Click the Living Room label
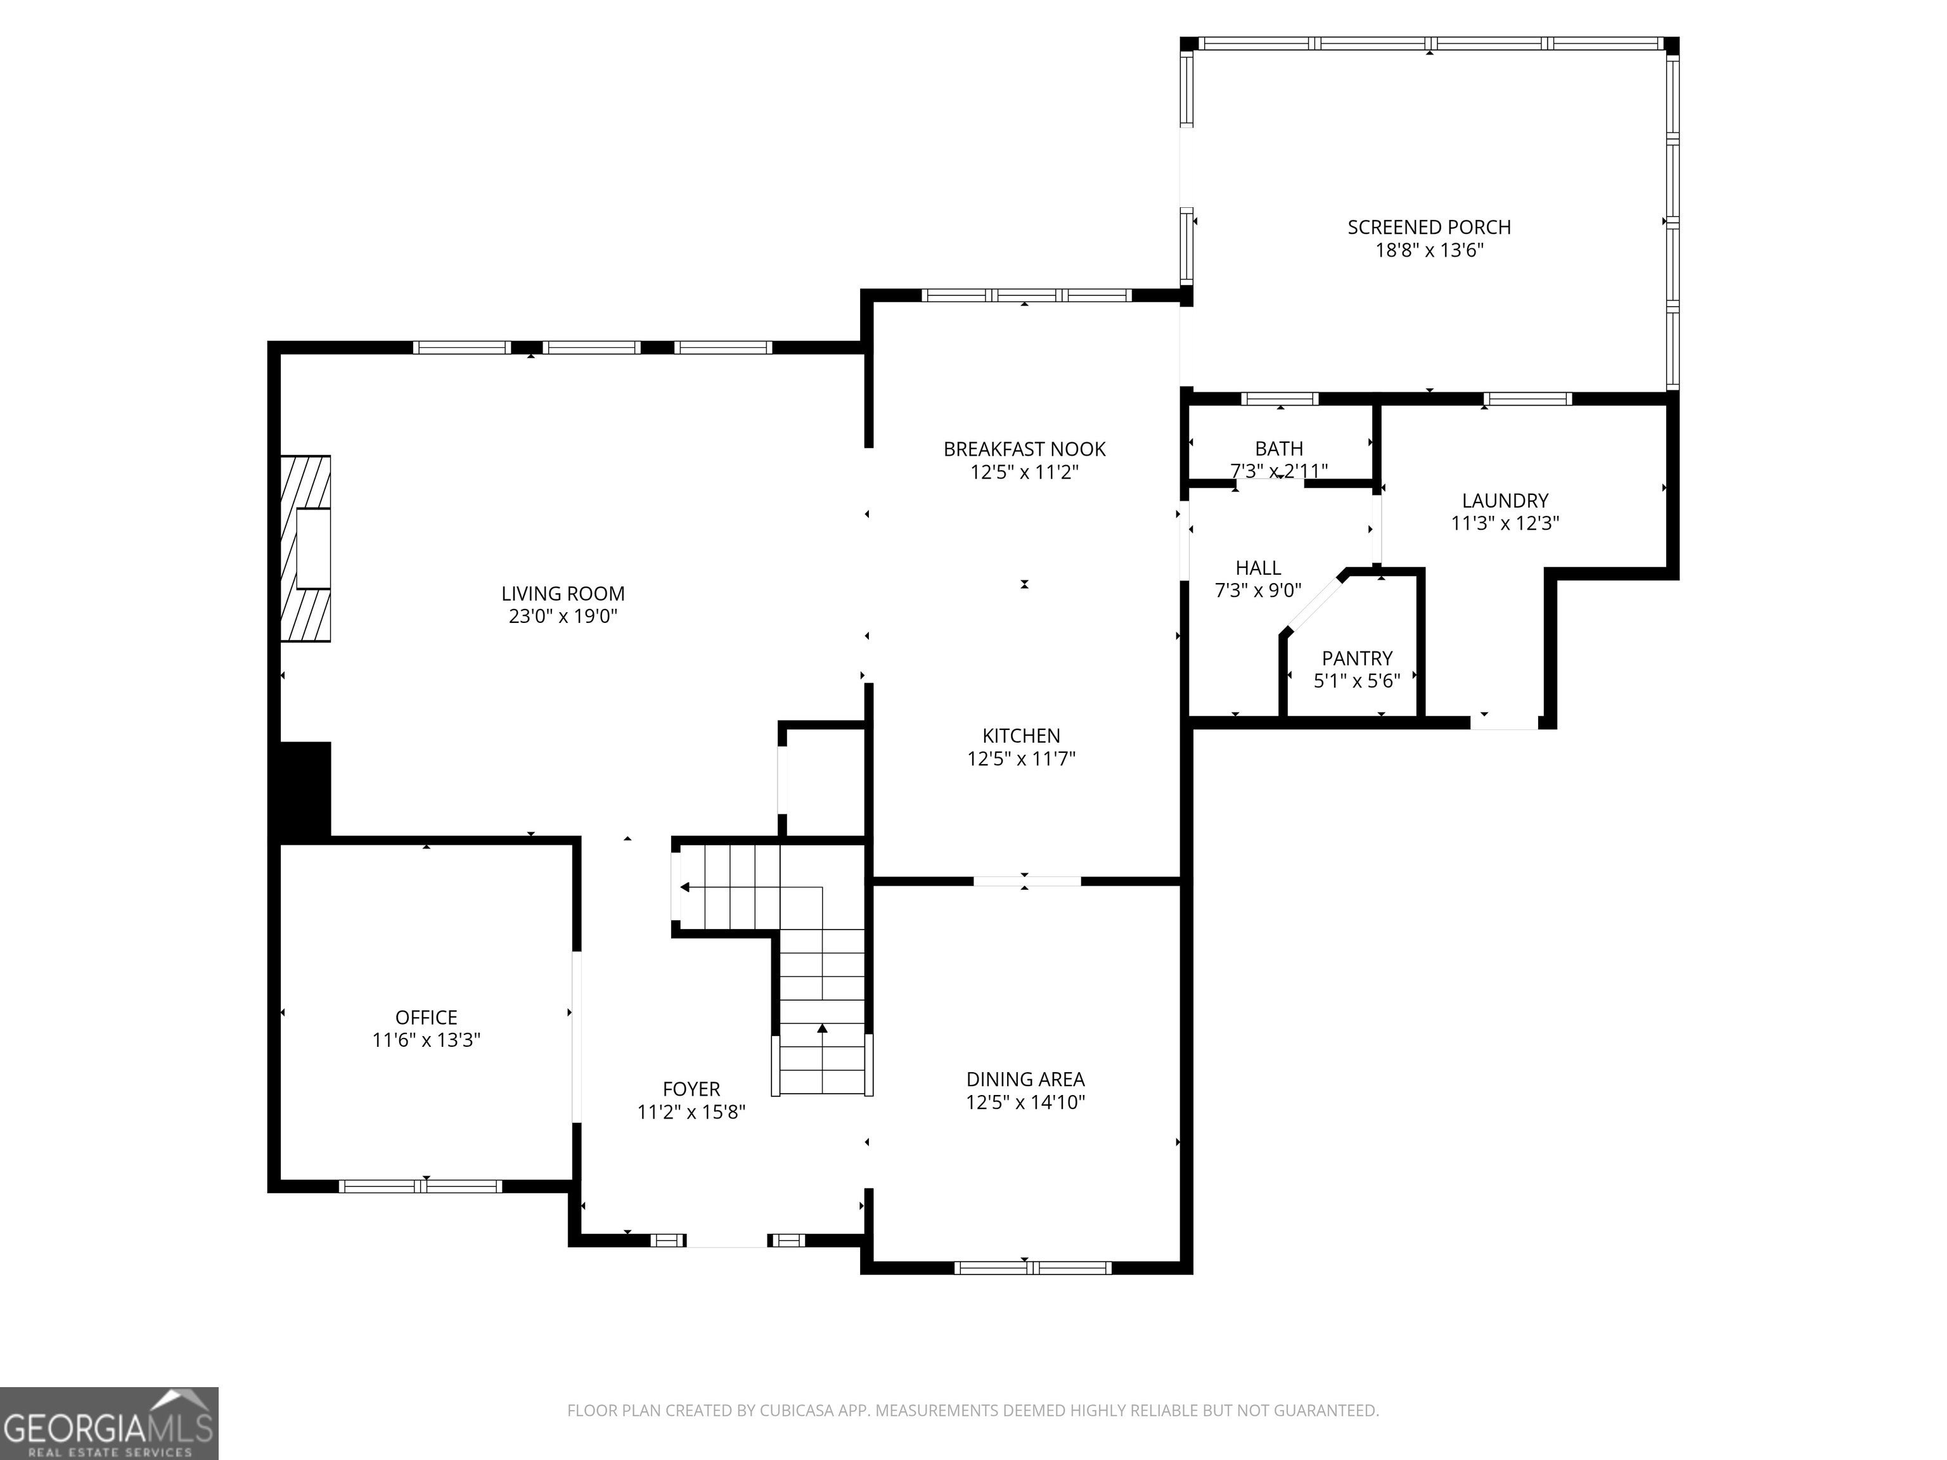[x=563, y=593]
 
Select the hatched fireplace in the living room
[x=305, y=548]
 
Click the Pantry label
[x=1356, y=658]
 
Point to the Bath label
[x=1279, y=449]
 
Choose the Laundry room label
[x=1505, y=501]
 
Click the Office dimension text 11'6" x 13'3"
[x=426, y=1041]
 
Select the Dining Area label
[x=1025, y=1079]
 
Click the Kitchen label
[x=1021, y=736]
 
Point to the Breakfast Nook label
[x=1025, y=449]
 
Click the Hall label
[x=1258, y=568]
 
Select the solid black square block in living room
[x=305, y=790]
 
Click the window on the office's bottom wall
[x=421, y=1186]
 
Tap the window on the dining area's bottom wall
[x=1032, y=1268]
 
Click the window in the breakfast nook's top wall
[x=1026, y=295]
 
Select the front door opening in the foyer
[x=727, y=1241]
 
